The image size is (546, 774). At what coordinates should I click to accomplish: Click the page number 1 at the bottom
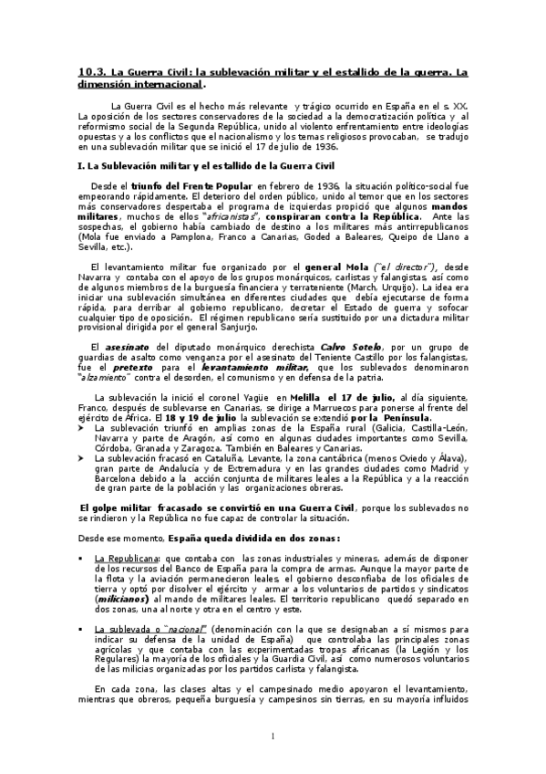(273, 736)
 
